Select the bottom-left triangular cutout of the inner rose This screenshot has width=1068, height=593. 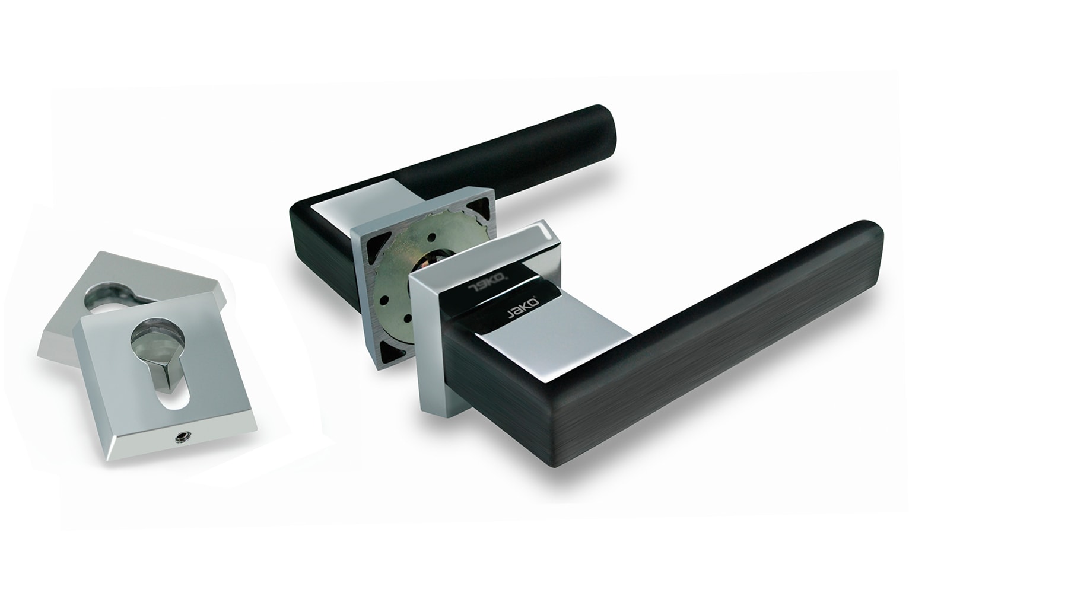click(386, 346)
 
